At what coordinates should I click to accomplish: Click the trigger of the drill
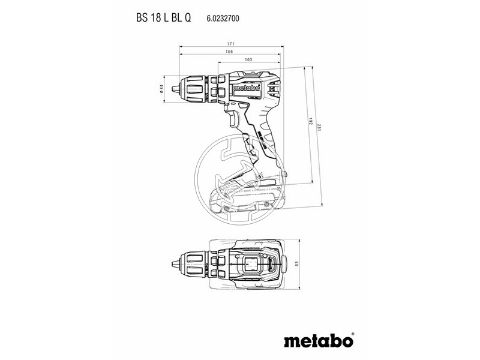(235, 119)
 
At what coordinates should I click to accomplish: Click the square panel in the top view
(250, 264)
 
